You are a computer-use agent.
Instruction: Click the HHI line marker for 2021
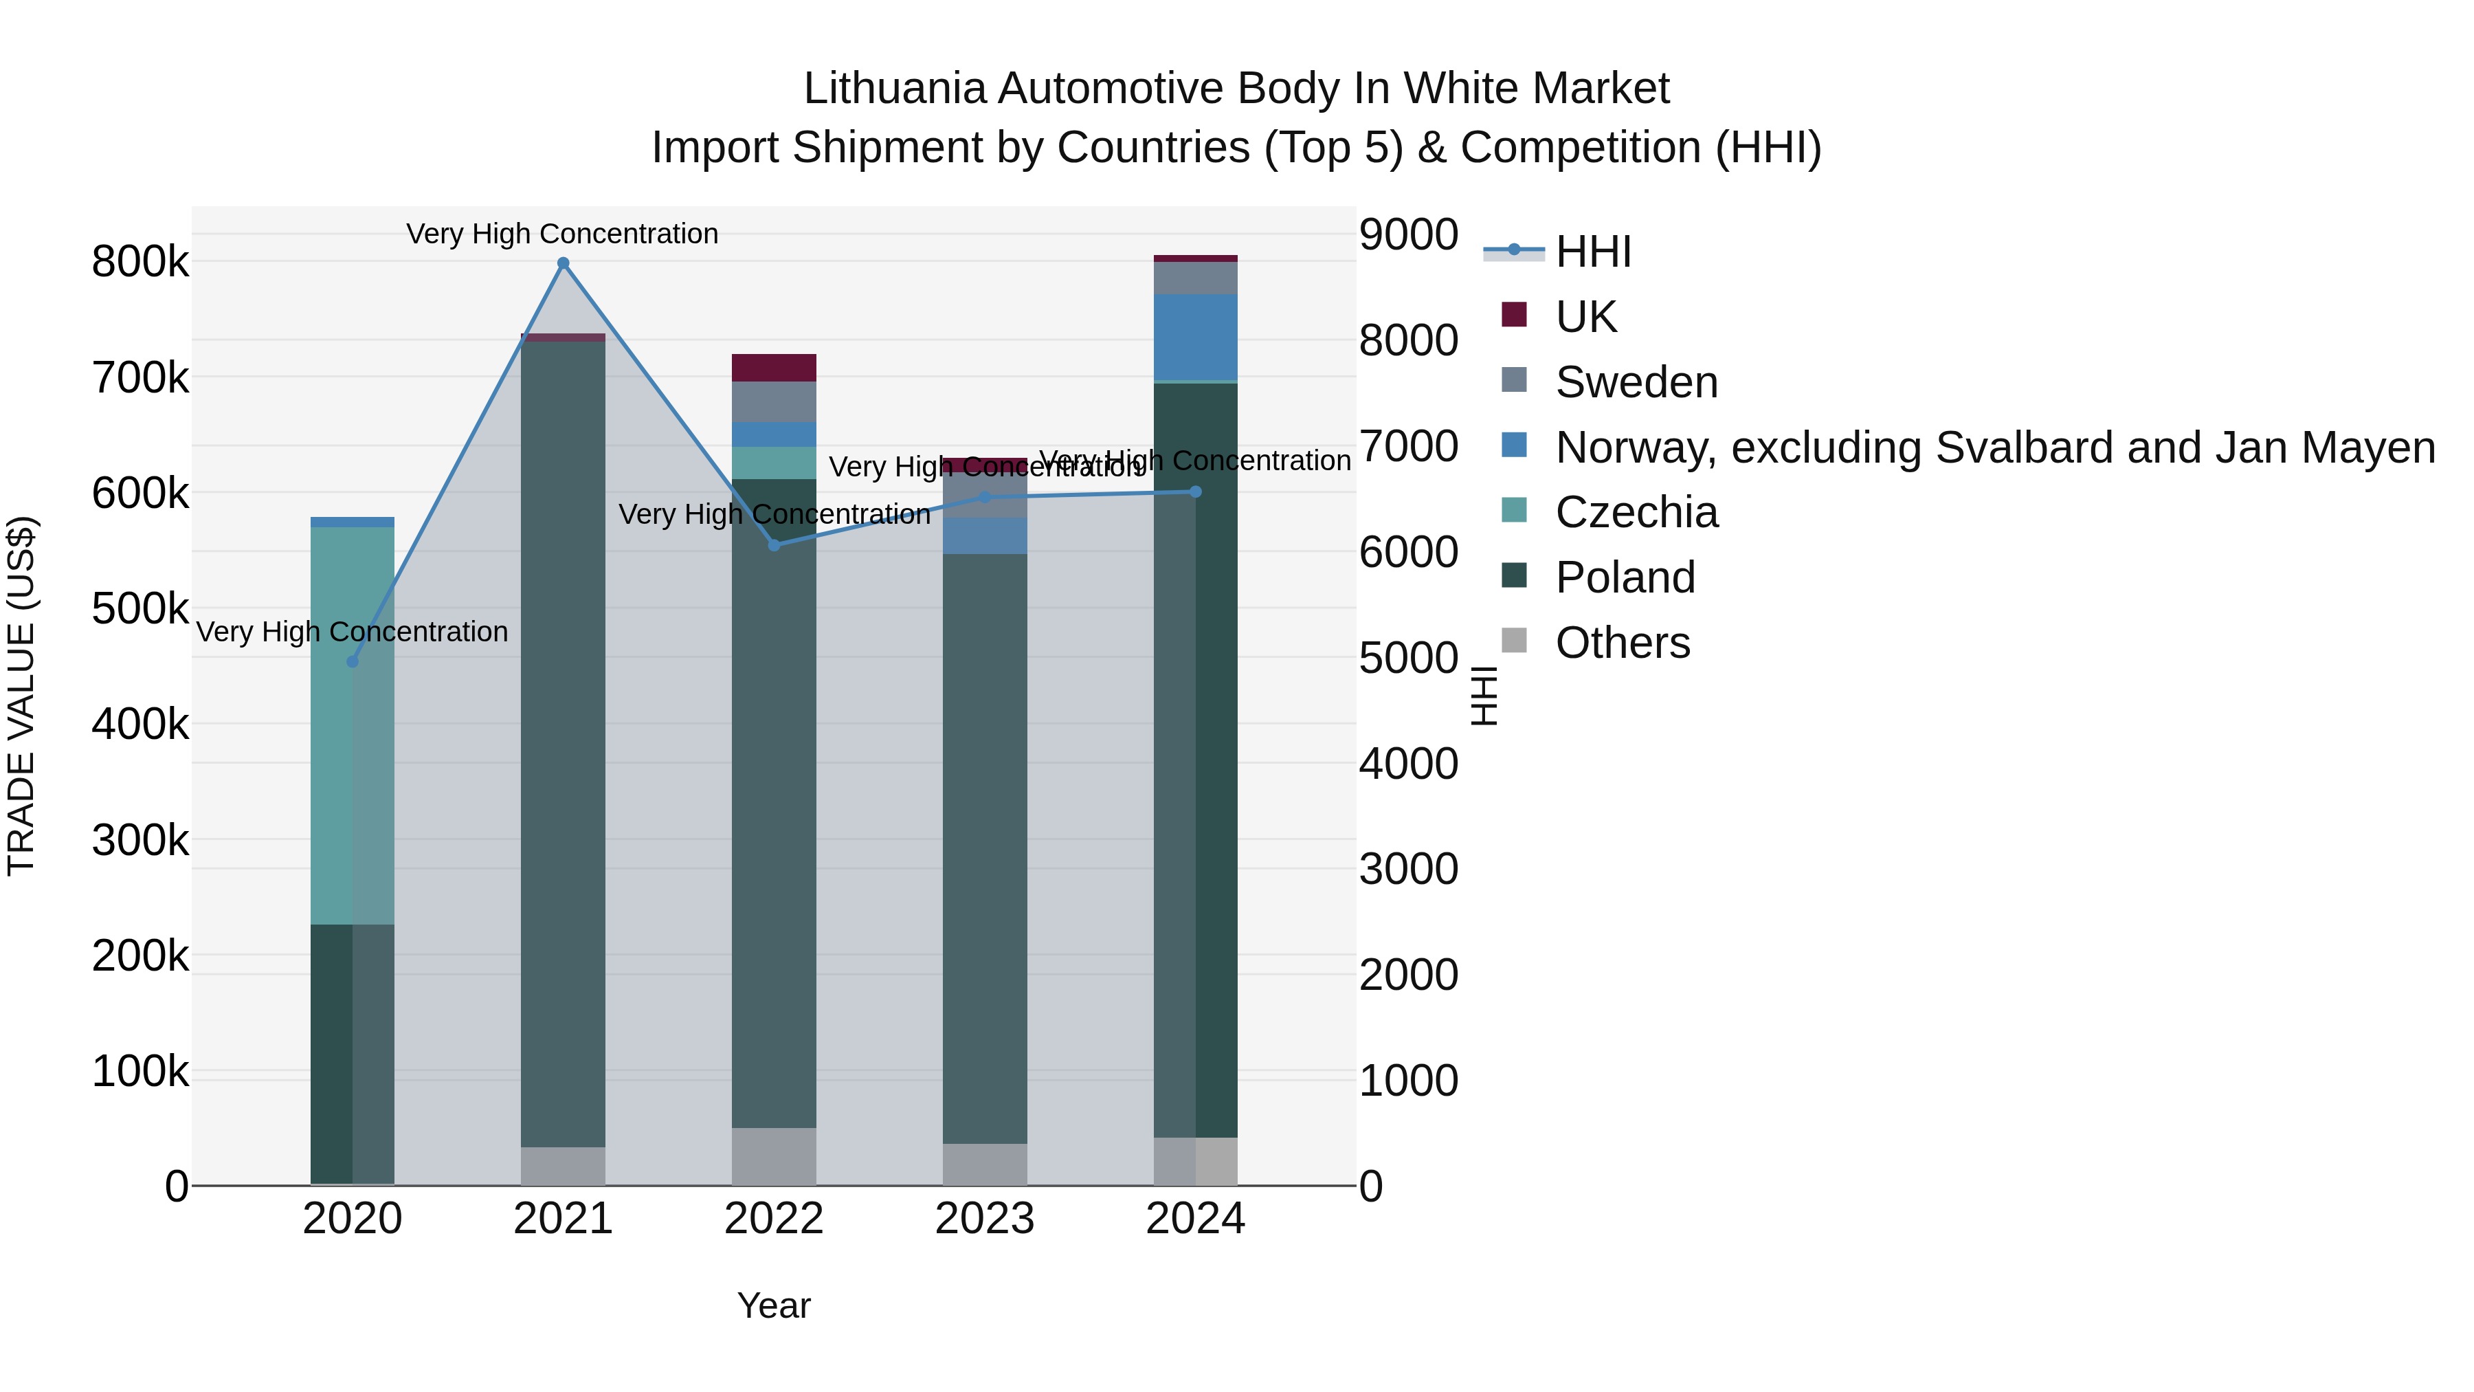tap(563, 263)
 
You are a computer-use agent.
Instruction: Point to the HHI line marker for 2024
tap(1196, 492)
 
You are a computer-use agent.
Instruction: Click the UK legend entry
tap(1585, 317)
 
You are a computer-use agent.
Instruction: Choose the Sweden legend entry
tap(1636, 382)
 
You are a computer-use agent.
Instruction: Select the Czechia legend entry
tap(1636, 512)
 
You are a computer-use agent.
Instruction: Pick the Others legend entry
tap(1622, 643)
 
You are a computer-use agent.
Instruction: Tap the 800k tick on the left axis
tap(140, 261)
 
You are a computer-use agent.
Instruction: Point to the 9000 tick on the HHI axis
tap(1408, 234)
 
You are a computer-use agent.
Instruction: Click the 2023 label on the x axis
tap(984, 1219)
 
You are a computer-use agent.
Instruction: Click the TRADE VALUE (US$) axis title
tap(21, 696)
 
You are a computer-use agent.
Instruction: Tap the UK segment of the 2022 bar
tap(774, 368)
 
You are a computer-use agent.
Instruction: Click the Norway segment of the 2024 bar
tap(1196, 338)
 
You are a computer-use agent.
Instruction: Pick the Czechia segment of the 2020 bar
tap(353, 725)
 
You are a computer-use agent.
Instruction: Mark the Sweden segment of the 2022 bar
tap(774, 401)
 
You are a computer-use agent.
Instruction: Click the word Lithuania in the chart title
tap(894, 89)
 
